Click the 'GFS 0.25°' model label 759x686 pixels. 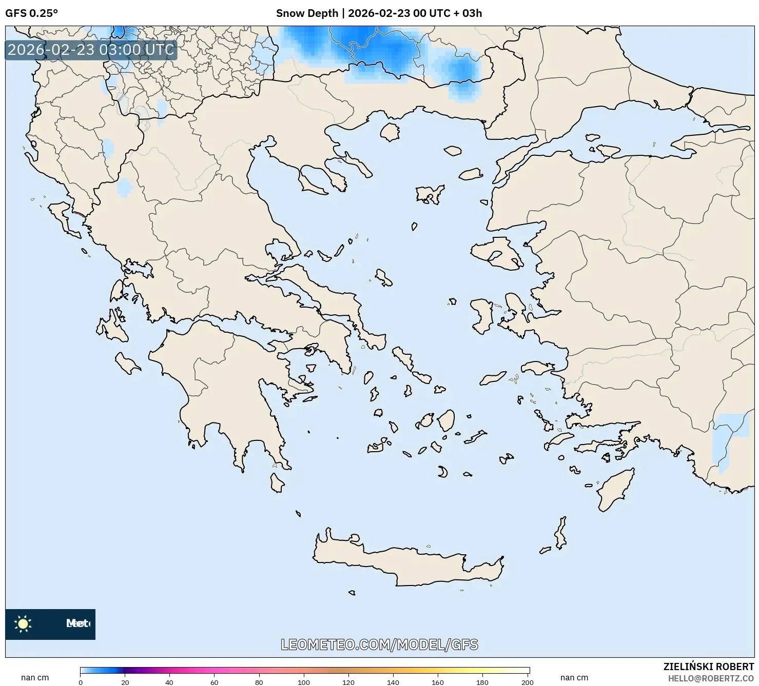click(x=31, y=13)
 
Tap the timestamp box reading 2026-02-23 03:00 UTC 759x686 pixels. click(x=91, y=50)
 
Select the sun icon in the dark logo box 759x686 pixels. click(x=23, y=624)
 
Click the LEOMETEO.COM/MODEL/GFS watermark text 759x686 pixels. click(x=379, y=644)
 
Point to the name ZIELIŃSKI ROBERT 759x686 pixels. click(x=709, y=667)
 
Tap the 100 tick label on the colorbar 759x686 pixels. click(x=304, y=682)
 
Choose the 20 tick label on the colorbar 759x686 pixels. click(x=125, y=682)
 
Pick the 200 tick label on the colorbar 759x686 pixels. click(x=527, y=682)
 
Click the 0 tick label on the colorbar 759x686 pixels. click(x=81, y=682)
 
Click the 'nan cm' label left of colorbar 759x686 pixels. click(x=35, y=678)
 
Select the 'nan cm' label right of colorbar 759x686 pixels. click(x=574, y=678)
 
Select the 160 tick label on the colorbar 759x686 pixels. click(x=438, y=682)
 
